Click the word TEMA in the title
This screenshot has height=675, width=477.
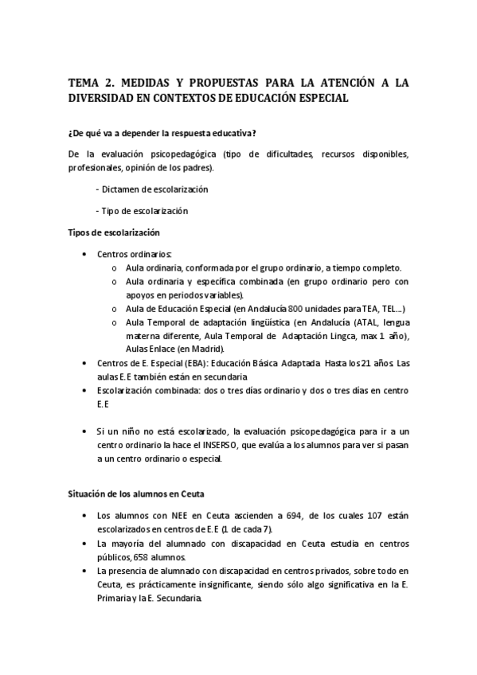[x=83, y=82]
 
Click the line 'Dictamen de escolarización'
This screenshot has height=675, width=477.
[x=155, y=189]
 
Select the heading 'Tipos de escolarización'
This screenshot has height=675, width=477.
[x=114, y=232]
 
